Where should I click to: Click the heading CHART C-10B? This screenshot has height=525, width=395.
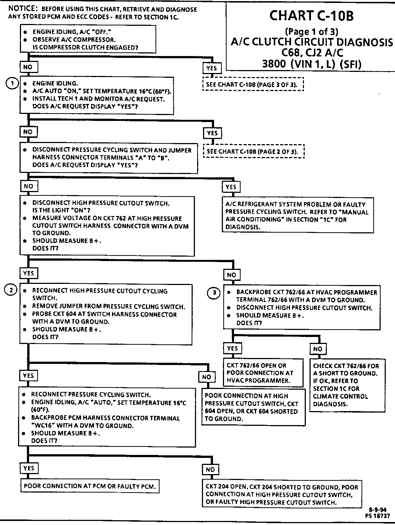tap(311, 15)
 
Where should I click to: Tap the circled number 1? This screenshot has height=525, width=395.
tap(12, 83)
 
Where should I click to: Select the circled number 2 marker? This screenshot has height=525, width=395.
tap(11, 290)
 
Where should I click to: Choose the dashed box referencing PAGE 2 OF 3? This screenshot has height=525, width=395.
tap(254, 152)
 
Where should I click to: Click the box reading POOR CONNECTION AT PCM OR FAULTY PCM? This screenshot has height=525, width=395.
tap(90, 486)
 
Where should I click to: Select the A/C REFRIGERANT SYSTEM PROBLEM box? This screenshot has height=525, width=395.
tap(298, 215)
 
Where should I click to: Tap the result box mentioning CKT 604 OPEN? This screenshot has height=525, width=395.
tap(253, 407)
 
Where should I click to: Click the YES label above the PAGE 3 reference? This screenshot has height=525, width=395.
tap(212, 68)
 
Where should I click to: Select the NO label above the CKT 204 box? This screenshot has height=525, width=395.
tap(210, 469)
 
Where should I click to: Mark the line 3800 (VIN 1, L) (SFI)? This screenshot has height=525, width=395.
tap(312, 64)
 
